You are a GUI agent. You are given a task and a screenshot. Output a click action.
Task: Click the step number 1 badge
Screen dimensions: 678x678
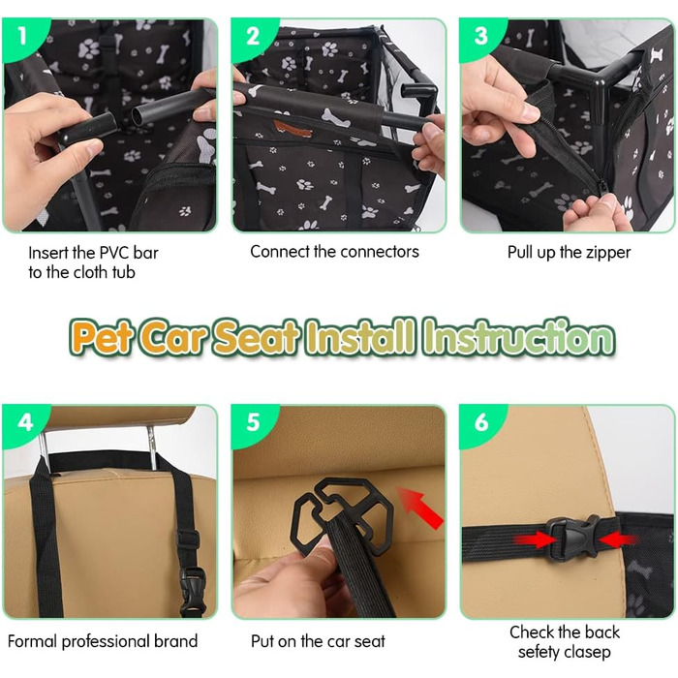point(21,37)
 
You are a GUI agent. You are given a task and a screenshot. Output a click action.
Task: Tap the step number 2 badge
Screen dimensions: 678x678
point(253,37)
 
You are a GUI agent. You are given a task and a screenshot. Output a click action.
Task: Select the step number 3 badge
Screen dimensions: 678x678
point(480,37)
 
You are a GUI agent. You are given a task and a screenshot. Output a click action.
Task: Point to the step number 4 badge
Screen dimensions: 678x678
point(25,422)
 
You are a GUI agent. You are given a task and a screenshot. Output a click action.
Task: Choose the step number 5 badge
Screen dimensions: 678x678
point(253,422)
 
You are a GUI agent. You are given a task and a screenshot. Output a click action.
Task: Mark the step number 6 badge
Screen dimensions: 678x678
point(481,422)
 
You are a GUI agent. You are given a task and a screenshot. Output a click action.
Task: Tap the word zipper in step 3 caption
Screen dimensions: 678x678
point(606,253)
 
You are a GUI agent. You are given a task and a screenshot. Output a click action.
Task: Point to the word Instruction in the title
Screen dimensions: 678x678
point(519,336)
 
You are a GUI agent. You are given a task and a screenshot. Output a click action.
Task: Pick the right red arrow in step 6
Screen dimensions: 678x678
point(618,539)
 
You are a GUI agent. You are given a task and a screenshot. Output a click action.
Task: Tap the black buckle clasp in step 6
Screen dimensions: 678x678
point(573,539)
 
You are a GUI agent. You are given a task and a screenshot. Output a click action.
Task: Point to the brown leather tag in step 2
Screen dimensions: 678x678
point(293,129)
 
